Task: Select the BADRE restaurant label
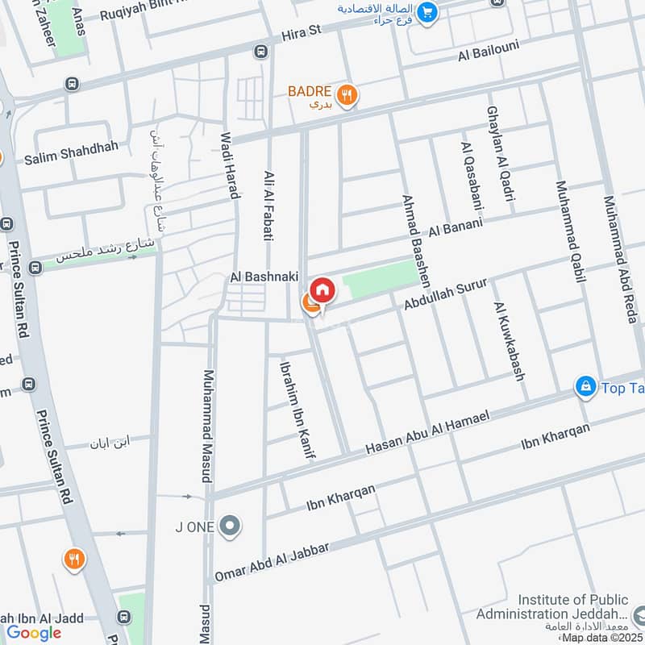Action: coord(310,91)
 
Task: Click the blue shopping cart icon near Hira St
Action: coord(427,12)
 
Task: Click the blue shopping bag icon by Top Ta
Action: coord(585,388)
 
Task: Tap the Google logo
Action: coord(35,633)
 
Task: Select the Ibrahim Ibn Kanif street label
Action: coord(296,409)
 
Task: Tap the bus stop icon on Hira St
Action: coord(260,52)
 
